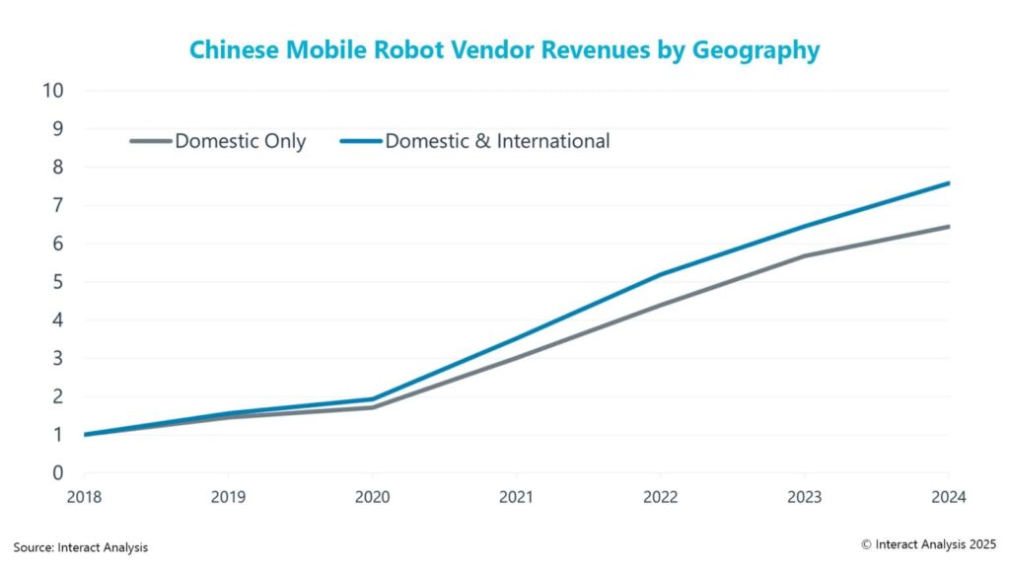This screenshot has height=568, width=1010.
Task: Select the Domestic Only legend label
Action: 241,141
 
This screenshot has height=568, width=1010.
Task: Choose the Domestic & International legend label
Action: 497,141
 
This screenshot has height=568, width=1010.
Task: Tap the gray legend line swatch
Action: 150,141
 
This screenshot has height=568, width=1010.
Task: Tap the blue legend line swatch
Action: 360,141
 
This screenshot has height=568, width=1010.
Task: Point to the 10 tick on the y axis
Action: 53,91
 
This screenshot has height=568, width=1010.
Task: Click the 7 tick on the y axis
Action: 58,205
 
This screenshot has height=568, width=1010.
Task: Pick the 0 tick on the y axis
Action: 58,473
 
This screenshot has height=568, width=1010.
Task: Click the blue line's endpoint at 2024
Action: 948,183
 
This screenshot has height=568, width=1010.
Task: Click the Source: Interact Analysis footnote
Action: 81,546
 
